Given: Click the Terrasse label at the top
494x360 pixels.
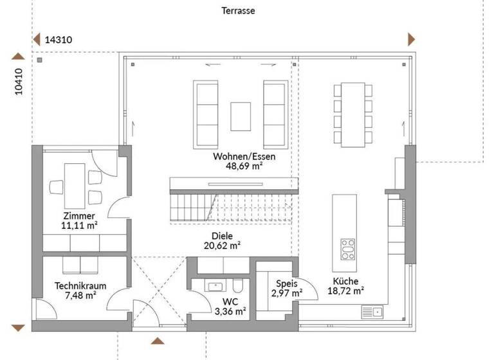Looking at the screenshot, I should [238, 11].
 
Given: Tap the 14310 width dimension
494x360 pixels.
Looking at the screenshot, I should [58, 40].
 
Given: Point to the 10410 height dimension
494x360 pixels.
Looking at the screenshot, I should [19, 82].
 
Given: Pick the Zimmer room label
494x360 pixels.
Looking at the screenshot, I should [80, 216].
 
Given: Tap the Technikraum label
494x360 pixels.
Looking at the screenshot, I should [80, 286].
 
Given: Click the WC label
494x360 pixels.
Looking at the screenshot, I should [230, 301].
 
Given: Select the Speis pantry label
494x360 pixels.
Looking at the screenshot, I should [286, 283].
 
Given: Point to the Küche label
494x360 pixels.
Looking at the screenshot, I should [346, 281].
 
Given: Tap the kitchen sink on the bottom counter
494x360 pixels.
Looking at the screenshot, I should [372, 312].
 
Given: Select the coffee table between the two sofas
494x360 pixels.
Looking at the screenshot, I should [241, 114].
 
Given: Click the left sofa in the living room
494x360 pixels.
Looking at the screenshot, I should [207, 113].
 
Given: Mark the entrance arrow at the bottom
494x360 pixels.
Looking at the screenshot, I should [157, 340].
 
